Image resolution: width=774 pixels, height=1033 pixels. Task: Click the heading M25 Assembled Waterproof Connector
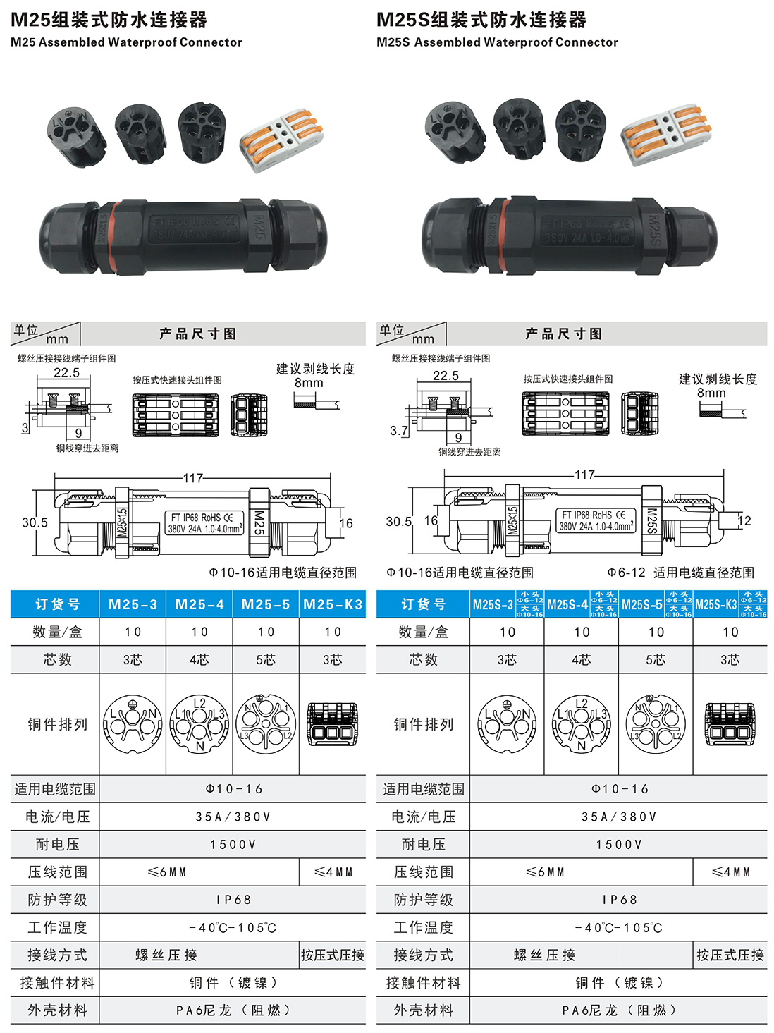[126, 42]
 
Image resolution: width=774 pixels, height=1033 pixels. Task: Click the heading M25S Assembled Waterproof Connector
[497, 42]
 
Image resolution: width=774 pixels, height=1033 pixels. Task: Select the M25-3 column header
[133, 604]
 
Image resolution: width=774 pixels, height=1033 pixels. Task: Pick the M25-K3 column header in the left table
[332, 604]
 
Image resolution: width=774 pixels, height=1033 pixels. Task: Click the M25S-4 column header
[567, 604]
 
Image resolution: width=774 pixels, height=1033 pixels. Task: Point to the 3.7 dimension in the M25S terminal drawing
[398, 430]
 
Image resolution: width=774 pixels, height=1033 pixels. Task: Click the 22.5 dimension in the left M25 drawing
[67, 372]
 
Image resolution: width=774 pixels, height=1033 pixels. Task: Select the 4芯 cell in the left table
[199, 660]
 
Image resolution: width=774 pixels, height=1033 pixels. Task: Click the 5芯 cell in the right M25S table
[656, 660]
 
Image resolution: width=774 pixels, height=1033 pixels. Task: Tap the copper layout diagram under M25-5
[266, 724]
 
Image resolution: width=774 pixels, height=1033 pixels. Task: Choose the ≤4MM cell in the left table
[333, 872]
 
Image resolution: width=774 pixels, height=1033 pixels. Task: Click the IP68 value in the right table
[619, 900]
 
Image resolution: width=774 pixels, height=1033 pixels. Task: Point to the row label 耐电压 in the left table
[57, 845]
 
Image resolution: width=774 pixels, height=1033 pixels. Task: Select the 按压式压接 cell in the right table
[730, 955]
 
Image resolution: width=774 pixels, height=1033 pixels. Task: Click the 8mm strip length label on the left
[309, 383]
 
